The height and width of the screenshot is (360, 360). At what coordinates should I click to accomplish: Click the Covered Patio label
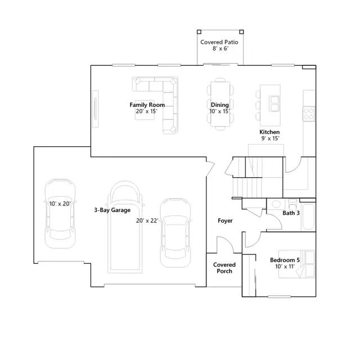pos(219,42)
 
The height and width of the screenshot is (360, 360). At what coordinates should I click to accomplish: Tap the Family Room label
pos(147,105)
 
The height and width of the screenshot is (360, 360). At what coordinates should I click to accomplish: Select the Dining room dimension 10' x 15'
pos(219,111)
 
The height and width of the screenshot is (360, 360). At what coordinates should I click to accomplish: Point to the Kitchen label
pos(269,132)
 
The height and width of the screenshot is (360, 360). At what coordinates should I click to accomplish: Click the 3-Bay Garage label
pos(112,210)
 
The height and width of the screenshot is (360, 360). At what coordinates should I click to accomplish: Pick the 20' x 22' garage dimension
pos(147,220)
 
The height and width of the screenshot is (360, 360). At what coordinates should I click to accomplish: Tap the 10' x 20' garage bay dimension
pos(60,204)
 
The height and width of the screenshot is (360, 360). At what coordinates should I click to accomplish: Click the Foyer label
pos(225,221)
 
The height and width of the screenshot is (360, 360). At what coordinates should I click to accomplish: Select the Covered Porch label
pos(224,268)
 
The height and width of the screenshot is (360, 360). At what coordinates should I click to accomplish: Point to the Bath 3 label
pos(291,213)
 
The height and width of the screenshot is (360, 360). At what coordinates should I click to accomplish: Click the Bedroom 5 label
pos(285,260)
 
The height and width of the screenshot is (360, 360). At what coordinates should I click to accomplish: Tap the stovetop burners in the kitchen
pos(309,114)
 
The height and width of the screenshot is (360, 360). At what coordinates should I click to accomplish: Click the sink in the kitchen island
pos(274,103)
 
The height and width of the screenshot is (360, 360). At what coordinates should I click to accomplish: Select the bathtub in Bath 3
pos(308,216)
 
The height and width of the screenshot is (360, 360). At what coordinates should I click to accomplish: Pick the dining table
pos(220,103)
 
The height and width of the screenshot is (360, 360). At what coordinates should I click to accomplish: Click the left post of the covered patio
pos(199,32)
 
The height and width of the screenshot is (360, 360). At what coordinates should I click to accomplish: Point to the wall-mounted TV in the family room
pos(95,109)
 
